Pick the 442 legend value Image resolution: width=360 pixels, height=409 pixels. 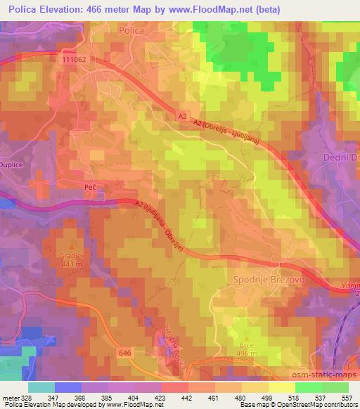click(186, 398)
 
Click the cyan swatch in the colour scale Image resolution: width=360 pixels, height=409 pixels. click(41, 387)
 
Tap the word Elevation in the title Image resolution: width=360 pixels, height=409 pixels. click(68, 8)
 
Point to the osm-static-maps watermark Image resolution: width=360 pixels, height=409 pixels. click(329, 373)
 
